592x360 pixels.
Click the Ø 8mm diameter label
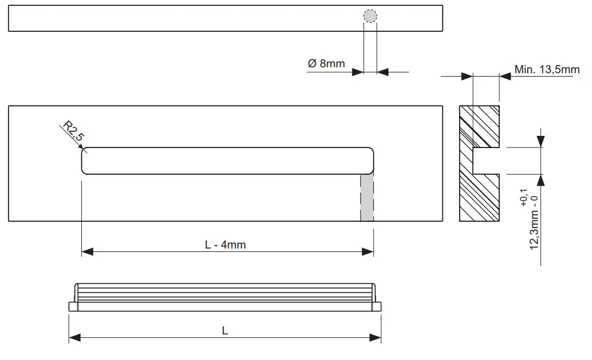pos(326,63)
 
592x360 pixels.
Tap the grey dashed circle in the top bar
pos(370,17)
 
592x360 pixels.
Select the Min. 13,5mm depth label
pos(547,70)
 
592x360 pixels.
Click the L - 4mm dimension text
pos(225,244)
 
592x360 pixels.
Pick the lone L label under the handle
pos(225,330)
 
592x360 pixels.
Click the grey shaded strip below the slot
pos(366,197)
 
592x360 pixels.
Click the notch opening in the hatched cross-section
pos(486,161)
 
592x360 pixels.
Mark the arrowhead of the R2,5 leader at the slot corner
pos(84,151)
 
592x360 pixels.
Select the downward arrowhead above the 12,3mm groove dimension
pos(541,142)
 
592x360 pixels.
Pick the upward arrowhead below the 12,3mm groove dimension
pos(541,180)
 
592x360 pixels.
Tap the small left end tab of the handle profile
pos(73,306)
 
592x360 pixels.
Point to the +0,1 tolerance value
pos(525,198)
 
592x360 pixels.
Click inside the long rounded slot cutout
pos(226,161)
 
